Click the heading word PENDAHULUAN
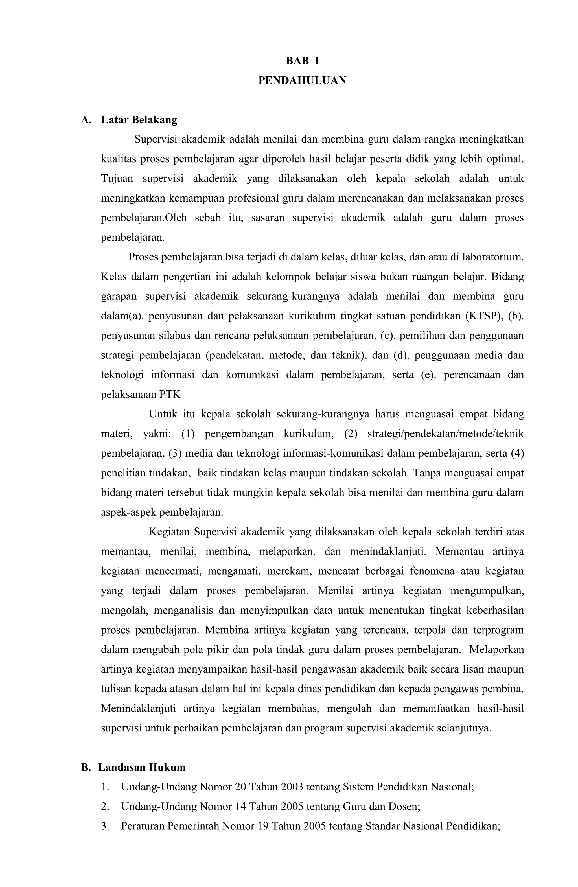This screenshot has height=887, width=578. pyautogui.click(x=302, y=80)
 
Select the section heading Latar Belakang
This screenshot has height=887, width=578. pyautogui.click(x=139, y=120)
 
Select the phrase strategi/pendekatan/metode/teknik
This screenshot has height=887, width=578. pyautogui.click(x=445, y=434)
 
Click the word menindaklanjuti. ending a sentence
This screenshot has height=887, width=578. pyautogui.click(x=387, y=551)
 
